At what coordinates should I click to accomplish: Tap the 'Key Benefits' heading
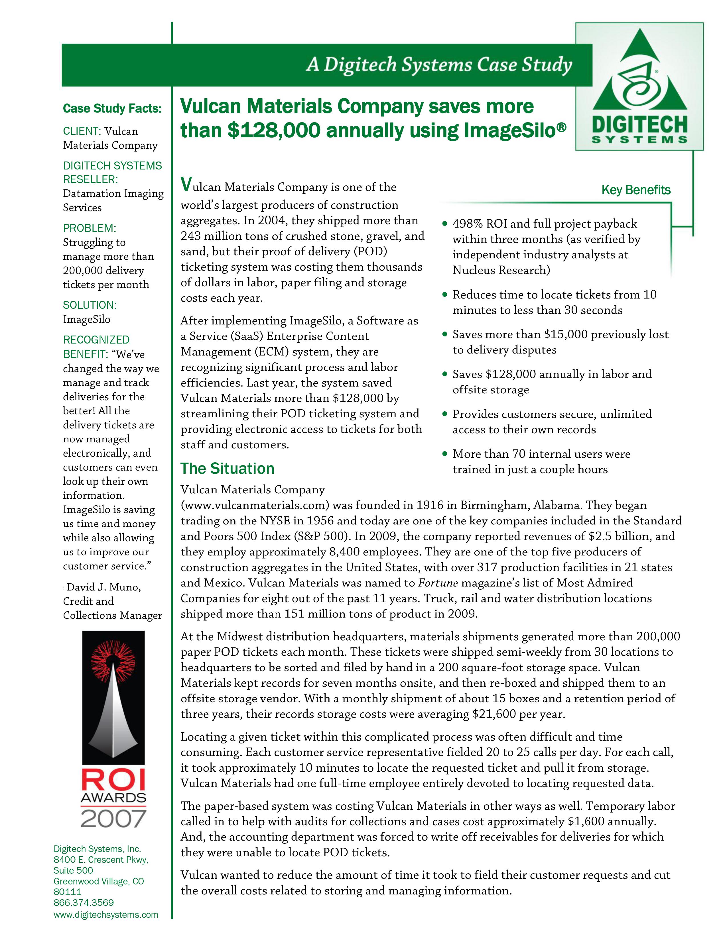[x=636, y=190]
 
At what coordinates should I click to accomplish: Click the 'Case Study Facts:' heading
[x=112, y=109]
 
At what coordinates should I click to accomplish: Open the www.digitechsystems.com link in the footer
[x=106, y=915]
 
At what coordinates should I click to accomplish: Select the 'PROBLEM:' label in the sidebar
[x=90, y=228]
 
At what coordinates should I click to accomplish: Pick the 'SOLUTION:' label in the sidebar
[x=90, y=305]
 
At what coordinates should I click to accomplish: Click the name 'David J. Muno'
[x=104, y=587]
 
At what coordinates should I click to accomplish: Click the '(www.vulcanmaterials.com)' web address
[x=255, y=505]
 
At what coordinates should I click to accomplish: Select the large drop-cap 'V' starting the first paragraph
[x=186, y=185]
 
